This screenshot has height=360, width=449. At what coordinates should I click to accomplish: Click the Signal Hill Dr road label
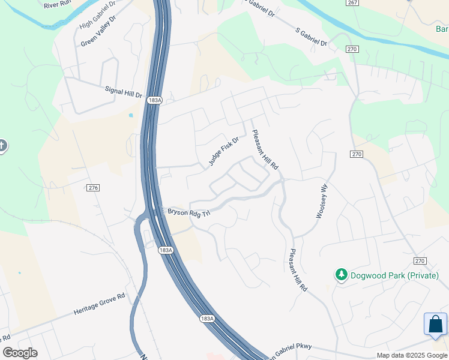pos(123,91)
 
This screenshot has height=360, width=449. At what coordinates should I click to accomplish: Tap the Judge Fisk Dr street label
pos(224,151)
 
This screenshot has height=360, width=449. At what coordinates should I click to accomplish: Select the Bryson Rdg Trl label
pos(188,213)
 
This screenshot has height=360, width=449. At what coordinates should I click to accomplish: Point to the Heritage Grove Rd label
pos(99,304)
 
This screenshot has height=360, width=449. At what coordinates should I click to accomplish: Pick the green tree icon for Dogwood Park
pos(342,275)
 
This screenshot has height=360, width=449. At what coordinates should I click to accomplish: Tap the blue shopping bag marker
pos(435,325)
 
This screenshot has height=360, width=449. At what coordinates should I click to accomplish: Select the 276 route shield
pos(92,188)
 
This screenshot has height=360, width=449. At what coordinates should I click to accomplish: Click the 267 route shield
pos(352,3)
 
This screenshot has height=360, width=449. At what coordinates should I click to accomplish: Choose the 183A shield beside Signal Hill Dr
pos(154,100)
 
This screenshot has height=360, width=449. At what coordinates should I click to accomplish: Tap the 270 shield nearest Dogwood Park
pos(420,261)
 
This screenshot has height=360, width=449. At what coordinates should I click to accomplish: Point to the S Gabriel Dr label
pos(312,37)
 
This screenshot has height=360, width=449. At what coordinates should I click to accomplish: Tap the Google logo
pos(20,353)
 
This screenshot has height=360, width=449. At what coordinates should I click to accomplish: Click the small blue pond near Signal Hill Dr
pos(130,115)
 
